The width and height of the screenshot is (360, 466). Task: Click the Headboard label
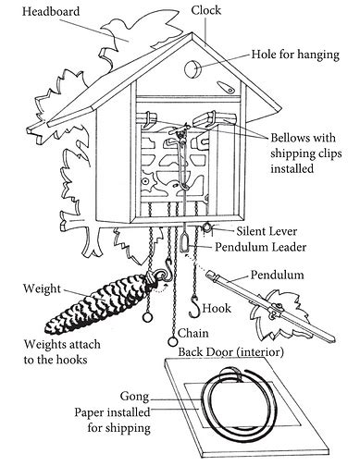coord(51,11)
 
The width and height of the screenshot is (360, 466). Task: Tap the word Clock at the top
coord(205,10)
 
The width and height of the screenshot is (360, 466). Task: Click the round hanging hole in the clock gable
coord(192,68)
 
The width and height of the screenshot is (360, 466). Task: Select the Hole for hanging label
coord(295,55)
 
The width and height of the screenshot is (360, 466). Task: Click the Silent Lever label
coord(267,231)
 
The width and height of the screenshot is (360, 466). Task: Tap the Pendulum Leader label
coord(260,247)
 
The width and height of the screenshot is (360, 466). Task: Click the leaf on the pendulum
coord(278,314)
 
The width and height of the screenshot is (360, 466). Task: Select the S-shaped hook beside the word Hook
coord(194,307)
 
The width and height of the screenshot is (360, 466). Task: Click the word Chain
coord(193,333)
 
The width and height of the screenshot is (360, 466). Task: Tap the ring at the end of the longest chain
coord(173,341)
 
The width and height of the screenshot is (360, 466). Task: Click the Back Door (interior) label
coord(230,351)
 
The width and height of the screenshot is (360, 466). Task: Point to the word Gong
coord(134,397)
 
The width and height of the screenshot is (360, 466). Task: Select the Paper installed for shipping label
coord(112,420)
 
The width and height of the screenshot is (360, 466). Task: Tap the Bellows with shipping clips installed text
coord(306,153)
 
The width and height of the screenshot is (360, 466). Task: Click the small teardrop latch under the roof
coord(226,87)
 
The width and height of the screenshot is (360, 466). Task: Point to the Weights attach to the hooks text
coord(62,351)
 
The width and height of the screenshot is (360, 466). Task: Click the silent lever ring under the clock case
coord(206,227)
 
